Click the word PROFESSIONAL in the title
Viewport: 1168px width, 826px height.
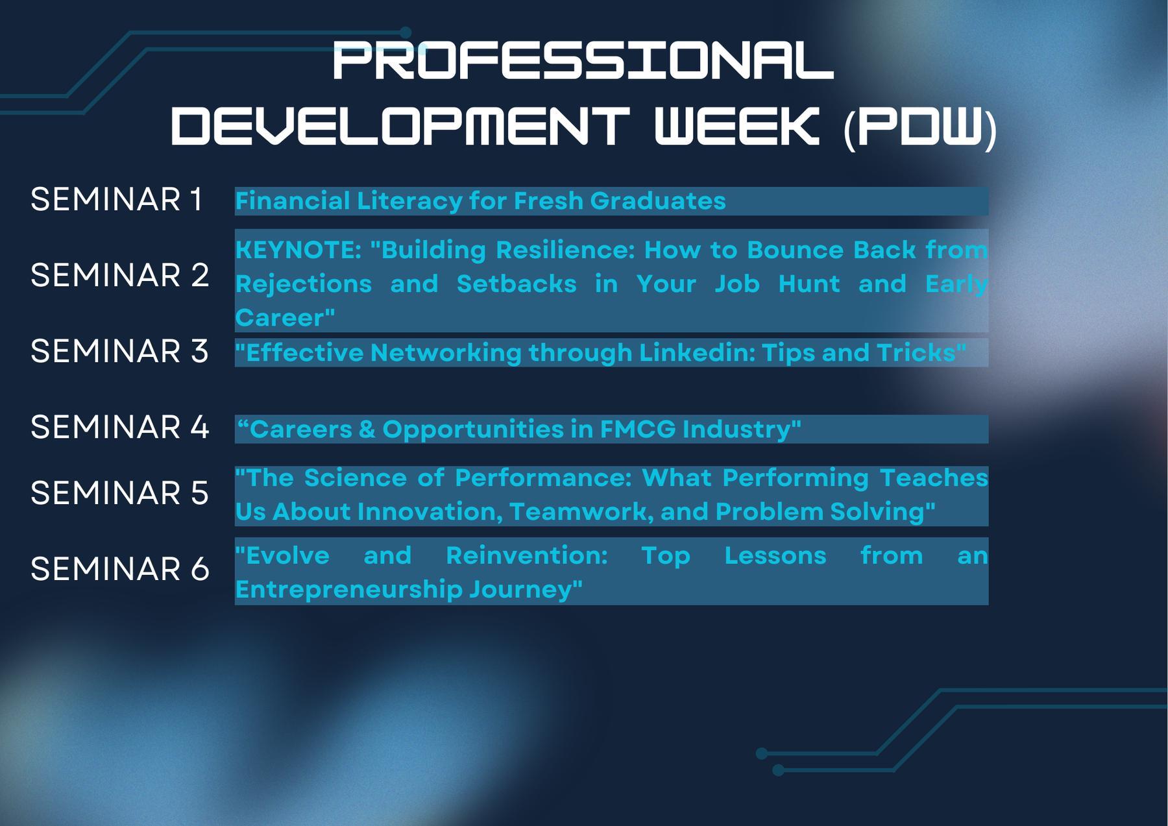[582, 61]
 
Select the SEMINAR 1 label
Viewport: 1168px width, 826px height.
[117, 199]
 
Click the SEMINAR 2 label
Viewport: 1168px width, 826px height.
[120, 275]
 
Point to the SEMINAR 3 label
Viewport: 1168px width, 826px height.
[120, 351]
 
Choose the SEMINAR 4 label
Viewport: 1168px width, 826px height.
[120, 427]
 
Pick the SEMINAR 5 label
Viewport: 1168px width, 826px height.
[120, 493]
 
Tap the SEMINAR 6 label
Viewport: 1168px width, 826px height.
[120, 569]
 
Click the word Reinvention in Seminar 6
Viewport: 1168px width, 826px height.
[527, 555]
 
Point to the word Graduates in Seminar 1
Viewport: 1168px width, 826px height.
[658, 200]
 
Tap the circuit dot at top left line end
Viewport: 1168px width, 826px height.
[406, 32]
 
